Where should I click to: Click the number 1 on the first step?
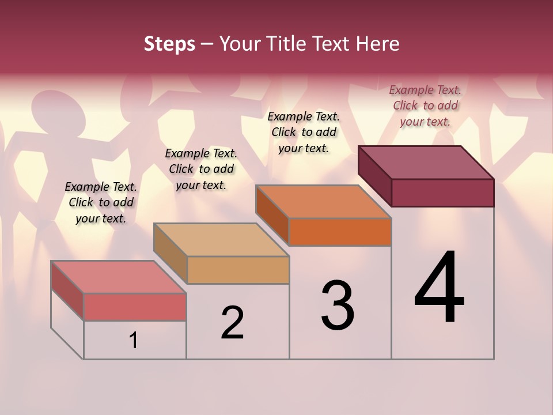134,341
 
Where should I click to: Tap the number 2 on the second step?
232,322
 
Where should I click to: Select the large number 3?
337,305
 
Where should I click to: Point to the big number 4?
439,288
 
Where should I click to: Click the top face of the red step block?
118,277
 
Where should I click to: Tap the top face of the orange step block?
323,202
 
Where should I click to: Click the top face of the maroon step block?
426,163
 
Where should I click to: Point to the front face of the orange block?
340,232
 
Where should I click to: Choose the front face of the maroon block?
442,193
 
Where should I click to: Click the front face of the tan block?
238,270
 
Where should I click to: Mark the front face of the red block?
135,307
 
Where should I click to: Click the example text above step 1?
101,202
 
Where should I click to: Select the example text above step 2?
201,169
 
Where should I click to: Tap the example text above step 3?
304,132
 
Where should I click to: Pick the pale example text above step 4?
425,105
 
